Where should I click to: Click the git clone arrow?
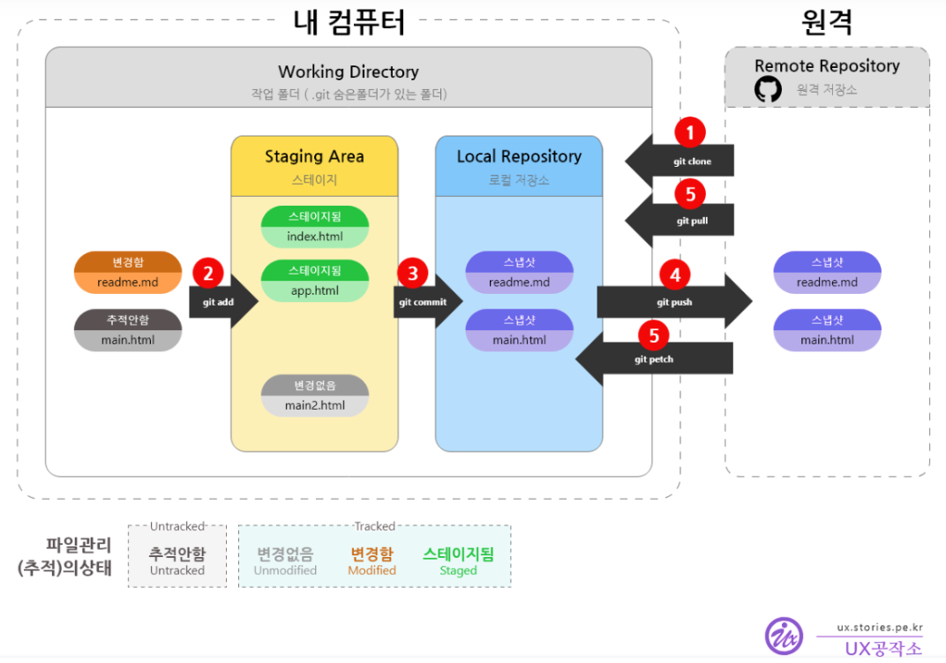(684, 162)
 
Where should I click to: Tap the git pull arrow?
(684, 221)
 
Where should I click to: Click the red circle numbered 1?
(690, 133)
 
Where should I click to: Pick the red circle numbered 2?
(208, 273)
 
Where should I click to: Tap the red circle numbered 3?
(412, 273)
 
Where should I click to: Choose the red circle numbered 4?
(675, 275)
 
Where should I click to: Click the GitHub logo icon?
(768, 89)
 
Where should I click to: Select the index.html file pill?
(314, 227)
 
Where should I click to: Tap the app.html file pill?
(314, 281)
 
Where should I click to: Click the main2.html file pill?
(314, 396)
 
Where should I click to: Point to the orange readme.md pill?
(128, 272)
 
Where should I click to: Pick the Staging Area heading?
(314, 156)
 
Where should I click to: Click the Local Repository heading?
(519, 156)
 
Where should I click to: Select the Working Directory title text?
(349, 72)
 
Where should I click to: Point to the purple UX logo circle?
(784, 636)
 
